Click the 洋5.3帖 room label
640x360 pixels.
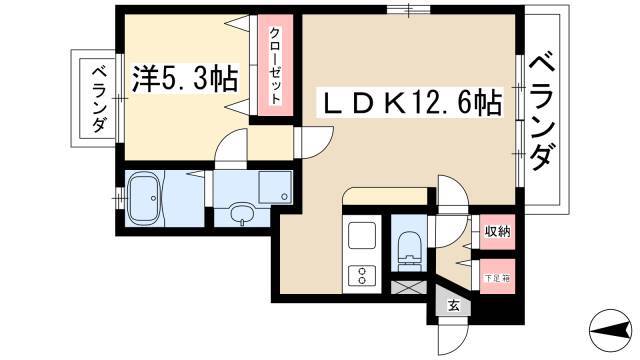click(x=184, y=79)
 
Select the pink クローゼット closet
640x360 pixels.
click(x=276, y=65)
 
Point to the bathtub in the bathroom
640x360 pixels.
click(x=145, y=198)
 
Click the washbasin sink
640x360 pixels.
click(x=242, y=213)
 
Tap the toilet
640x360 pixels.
click(x=409, y=250)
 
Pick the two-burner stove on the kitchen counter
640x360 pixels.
click(x=362, y=275)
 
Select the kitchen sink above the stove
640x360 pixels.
click(x=362, y=236)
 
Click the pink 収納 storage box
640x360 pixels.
click(x=497, y=232)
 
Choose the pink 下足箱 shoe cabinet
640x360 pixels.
click(x=497, y=276)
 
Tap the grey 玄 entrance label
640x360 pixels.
click(x=453, y=305)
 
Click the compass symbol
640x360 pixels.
click(x=610, y=330)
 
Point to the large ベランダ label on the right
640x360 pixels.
click(x=543, y=112)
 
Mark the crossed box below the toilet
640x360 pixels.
click(x=409, y=287)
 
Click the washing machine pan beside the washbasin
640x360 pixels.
click(x=275, y=187)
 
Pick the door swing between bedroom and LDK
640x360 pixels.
click(x=313, y=142)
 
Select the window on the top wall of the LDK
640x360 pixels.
click(x=409, y=10)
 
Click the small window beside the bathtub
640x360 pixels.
click(x=119, y=198)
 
